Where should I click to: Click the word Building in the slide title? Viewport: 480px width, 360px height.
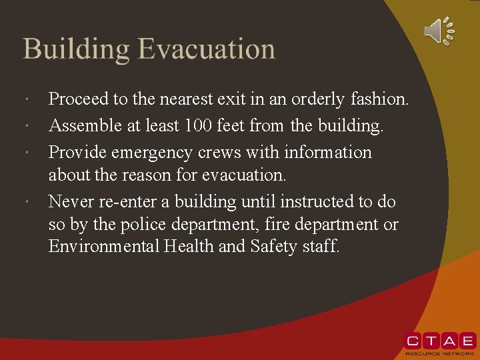(x=76, y=50)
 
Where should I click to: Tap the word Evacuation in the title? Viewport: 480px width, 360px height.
(x=207, y=50)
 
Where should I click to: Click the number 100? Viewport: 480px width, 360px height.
(x=200, y=125)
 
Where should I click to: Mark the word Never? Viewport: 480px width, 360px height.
(x=69, y=201)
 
